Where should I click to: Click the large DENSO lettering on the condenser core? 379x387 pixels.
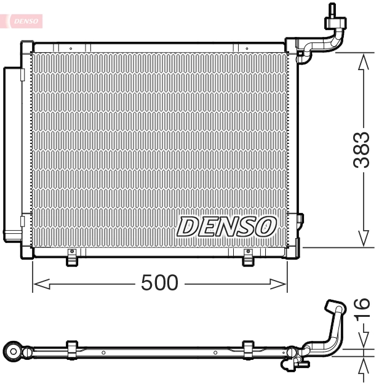click(226, 226)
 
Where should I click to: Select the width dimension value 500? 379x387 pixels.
click(159, 283)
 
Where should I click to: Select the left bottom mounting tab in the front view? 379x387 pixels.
click(73, 258)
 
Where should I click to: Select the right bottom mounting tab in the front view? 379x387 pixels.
click(248, 258)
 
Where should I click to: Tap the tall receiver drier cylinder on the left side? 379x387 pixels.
click(12, 154)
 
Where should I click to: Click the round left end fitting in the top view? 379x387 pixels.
click(13, 351)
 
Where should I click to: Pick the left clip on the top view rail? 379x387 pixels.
click(71, 348)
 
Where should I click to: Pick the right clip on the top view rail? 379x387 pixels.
click(249, 348)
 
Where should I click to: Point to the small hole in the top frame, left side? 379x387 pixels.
click(71, 47)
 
